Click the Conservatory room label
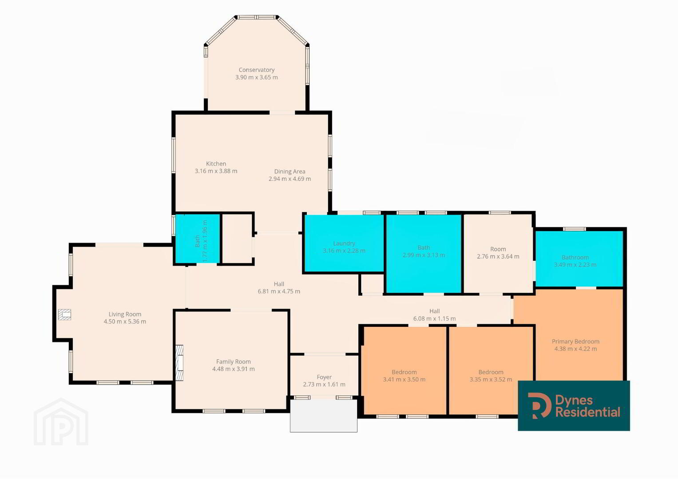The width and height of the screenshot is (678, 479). (256, 70)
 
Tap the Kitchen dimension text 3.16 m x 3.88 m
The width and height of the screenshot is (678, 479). (216, 171)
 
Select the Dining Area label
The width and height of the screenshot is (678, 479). (289, 172)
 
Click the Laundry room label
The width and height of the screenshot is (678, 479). (344, 243)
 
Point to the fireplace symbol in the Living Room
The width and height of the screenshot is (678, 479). (64, 314)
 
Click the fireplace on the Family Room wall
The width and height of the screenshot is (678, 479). (179, 363)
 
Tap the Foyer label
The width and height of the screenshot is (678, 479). (324, 377)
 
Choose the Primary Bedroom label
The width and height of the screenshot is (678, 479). (575, 342)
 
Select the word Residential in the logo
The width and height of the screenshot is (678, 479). (588, 412)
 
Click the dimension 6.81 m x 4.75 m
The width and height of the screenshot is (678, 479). (279, 291)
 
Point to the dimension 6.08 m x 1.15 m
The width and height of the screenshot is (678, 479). (434, 318)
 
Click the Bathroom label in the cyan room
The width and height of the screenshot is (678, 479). (575, 257)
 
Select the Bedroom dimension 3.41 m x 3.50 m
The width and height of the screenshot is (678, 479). (404, 380)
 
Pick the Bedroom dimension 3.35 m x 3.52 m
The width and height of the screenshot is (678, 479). (491, 380)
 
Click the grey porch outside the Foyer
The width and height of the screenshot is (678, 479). (324, 416)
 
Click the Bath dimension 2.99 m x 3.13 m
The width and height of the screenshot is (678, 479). (424, 255)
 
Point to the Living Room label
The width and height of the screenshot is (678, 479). (125, 314)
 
